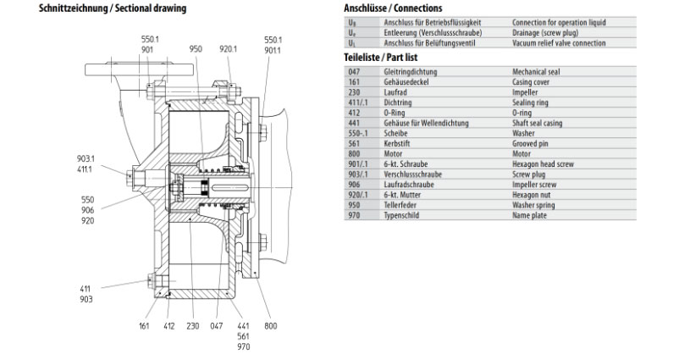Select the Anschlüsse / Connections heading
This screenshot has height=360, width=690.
pos(393,8)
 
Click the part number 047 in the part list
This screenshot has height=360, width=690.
pos(354,73)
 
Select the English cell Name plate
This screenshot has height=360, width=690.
pos(531,215)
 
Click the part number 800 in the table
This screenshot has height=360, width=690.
pos(354,154)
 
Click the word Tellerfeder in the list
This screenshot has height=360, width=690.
pos(401,205)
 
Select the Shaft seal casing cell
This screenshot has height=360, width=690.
pos(539,124)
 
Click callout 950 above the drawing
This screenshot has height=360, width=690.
pos(196,50)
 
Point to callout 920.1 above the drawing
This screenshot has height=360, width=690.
pos(228,50)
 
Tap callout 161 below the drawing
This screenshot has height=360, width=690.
pos(144,326)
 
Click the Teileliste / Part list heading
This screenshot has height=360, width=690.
pos(380,56)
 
